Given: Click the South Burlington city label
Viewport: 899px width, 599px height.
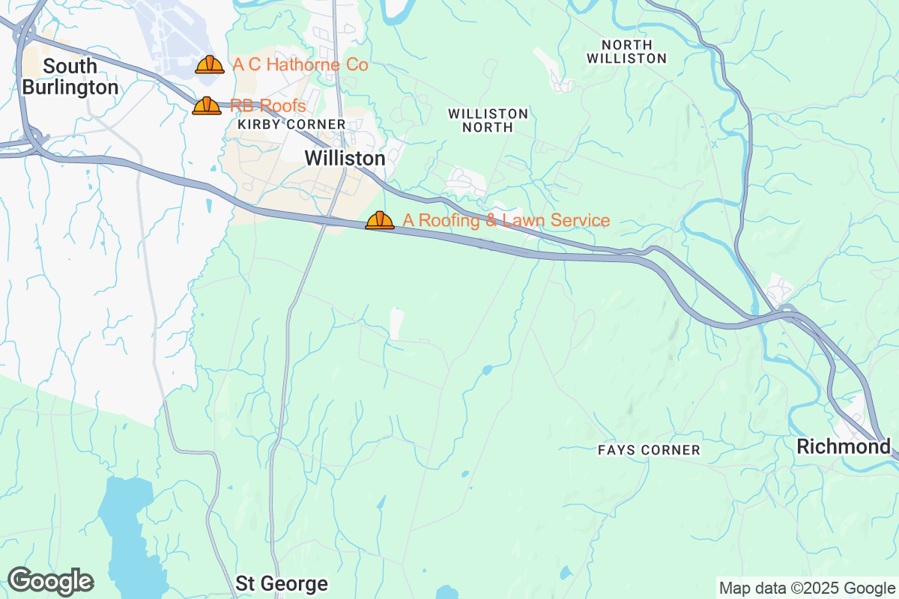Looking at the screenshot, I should (70, 76).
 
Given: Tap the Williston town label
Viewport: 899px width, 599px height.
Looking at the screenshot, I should (345, 159).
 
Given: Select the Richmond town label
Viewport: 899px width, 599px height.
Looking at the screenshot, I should (843, 447).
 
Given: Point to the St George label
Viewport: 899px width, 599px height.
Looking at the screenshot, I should (282, 583).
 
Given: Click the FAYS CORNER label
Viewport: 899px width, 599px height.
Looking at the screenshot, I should (649, 450).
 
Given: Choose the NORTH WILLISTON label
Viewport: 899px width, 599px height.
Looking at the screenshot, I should (626, 52).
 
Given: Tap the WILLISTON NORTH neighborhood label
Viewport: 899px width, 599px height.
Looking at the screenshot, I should (488, 120).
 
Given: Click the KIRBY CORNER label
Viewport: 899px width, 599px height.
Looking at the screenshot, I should (291, 124).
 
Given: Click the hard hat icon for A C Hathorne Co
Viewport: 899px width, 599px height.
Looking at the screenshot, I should (210, 64).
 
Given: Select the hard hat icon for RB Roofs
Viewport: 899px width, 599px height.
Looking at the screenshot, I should (207, 106).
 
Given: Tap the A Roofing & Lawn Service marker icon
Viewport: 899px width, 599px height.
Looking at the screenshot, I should (380, 220).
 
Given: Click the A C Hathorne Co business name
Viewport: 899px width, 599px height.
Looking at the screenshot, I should (300, 65).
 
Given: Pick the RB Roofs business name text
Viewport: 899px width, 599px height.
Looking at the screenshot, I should (267, 106).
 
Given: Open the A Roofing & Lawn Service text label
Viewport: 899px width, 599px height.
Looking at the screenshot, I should (506, 220).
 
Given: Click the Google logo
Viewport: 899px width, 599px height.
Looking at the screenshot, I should (50, 581).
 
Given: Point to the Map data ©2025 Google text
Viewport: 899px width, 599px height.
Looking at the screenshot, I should (807, 588).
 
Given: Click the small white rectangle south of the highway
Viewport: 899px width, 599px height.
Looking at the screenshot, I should (396, 323).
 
